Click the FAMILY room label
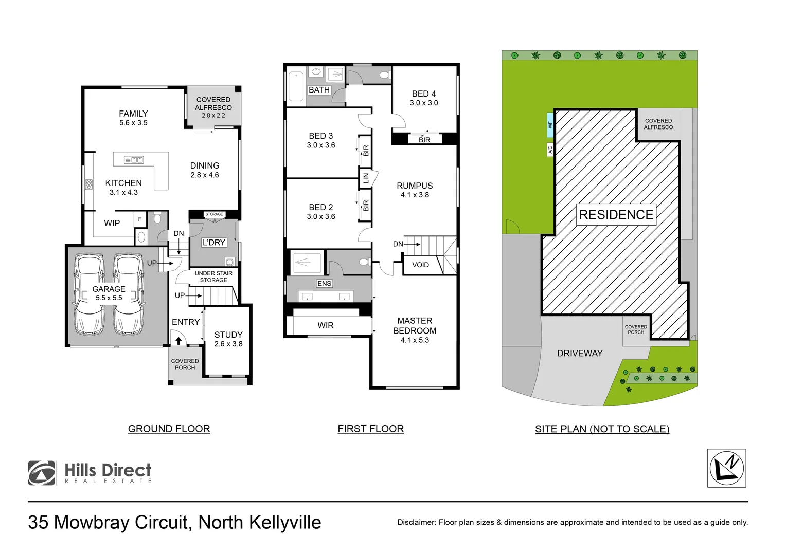point(133,114)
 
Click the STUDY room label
point(228,335)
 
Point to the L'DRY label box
point(213,243)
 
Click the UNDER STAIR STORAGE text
point(213,276)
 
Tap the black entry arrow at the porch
point(178,341)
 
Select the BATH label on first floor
point(319,90)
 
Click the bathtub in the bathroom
point(296,86)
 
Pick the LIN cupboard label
point(366,178)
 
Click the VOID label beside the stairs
point(420,265)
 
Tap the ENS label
point(324,284)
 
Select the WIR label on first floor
point(326,325)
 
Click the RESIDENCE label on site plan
point(616,215)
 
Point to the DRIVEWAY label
point(580,353)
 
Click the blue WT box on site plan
point(550,125)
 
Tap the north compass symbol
point(726,468)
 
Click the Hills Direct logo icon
point(42,473)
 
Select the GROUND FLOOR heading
point(169,429)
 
